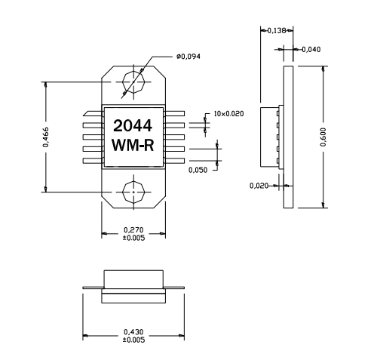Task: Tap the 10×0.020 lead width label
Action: click(x=229, y=113)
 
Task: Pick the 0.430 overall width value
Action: click(x=133, y=333)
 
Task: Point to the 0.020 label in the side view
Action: click(x=261, y=184)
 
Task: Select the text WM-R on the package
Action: click(x=133, y=144)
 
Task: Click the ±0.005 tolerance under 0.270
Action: click(x=133, y=239)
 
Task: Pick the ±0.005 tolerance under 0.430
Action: click(x=133, y=341)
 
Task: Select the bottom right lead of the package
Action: click(x=174, y=161)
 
